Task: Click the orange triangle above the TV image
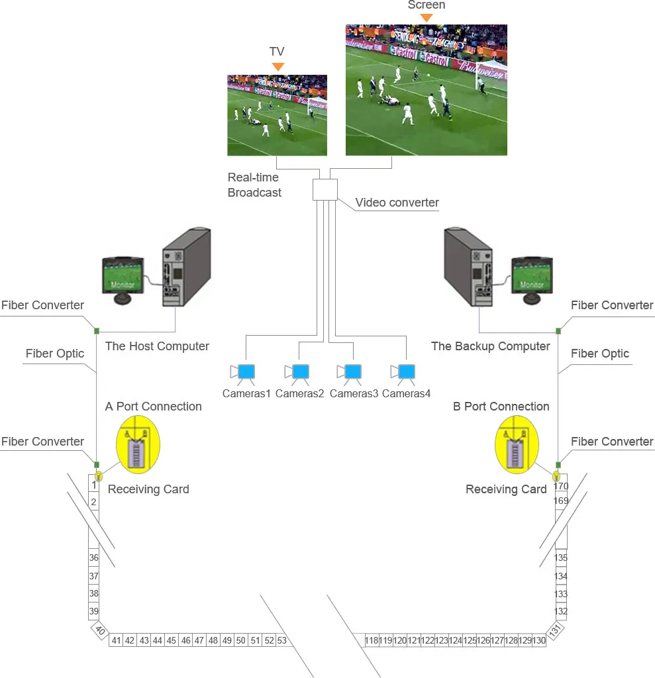pyautogui.click(x=278, y=66)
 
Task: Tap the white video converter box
pyautogui.click(x=325, y=189)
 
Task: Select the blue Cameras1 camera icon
pyautogui.click(x=246, y=372)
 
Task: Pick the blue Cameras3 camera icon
pyautogui.click(x=353, y=372)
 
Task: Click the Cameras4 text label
pyautogui.click(x=406, y=394)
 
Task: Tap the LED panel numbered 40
pyautogui.click(x=100, y=630)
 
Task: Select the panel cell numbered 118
pyautogui.click(x=372, y=640)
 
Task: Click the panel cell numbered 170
pyautogui.click(x=561, y=486)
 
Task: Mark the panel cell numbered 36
pyautogui.click(x=94, y=558)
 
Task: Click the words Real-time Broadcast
pyautogui.click(x=254, y=185)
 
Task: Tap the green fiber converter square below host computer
pyautogui.click(x=97, y=330)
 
